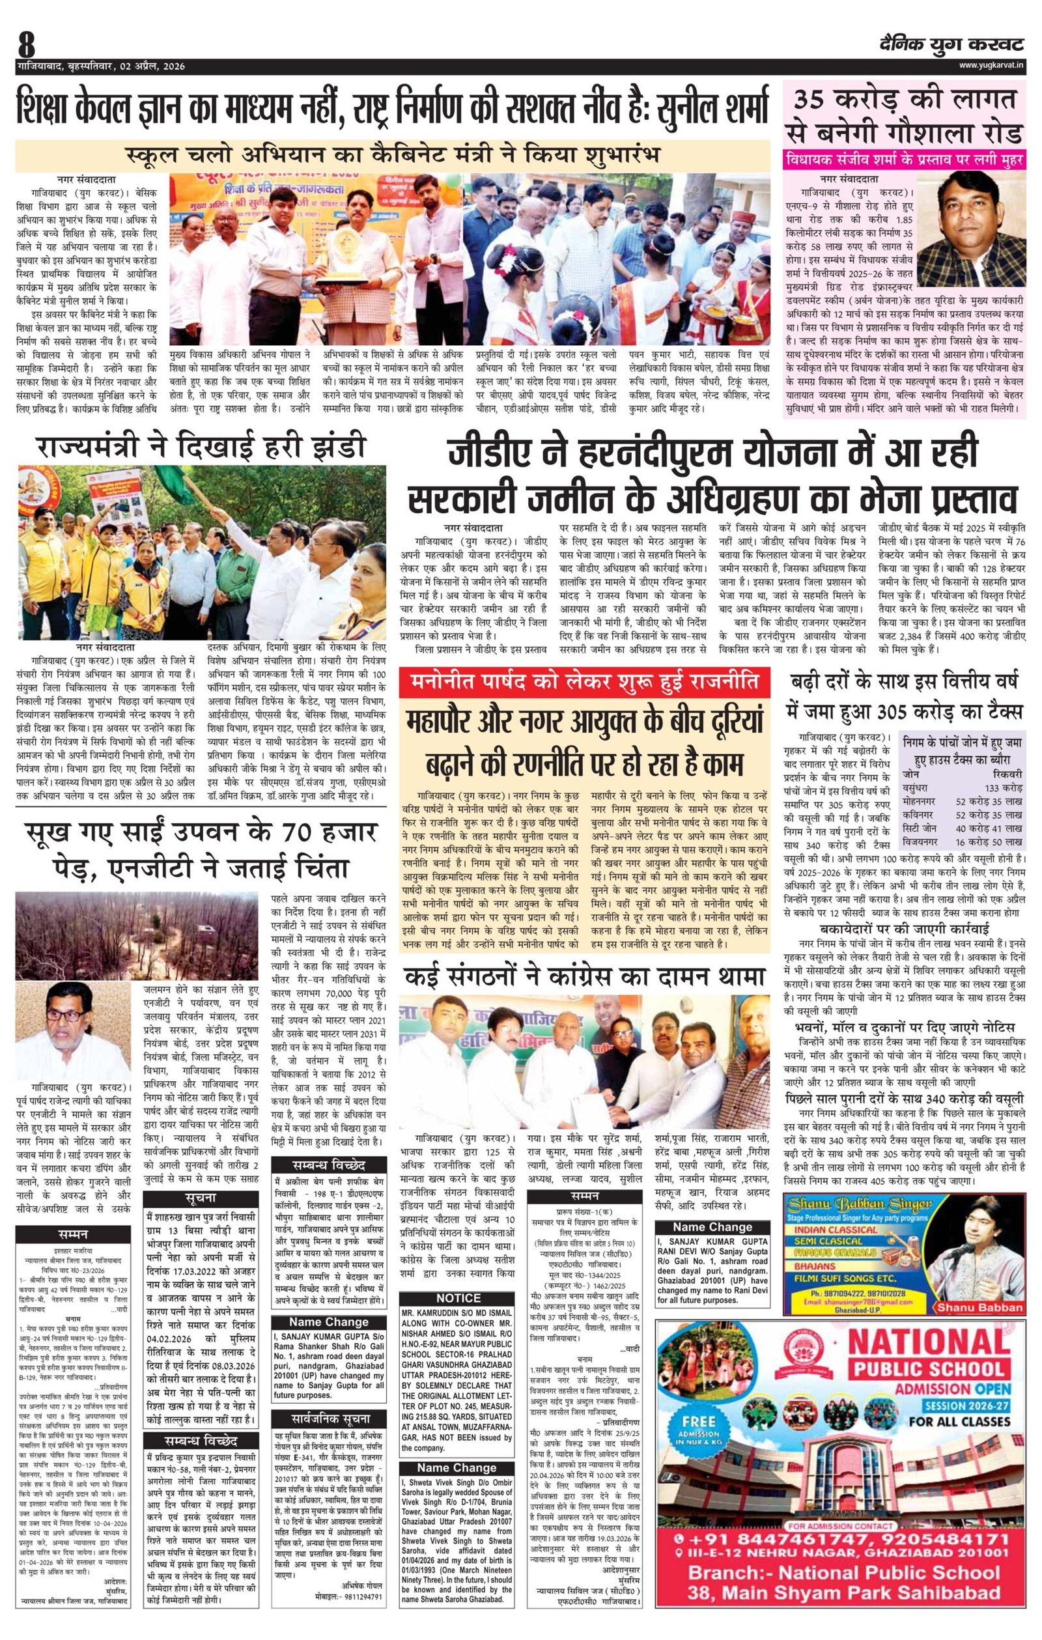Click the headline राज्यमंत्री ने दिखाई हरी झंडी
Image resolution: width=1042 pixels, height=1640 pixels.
tap(203, 448)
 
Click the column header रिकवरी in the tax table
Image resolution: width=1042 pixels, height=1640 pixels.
tap(1003, 774)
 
